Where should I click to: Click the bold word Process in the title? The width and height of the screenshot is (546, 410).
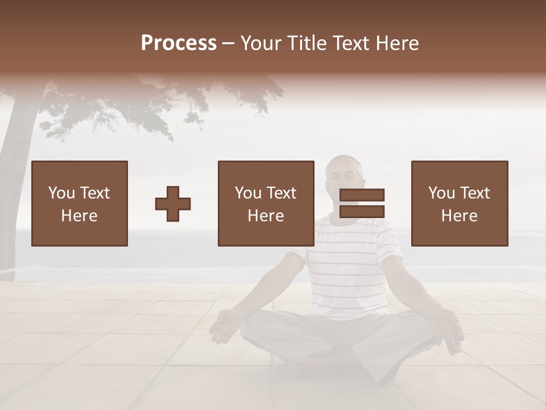179,43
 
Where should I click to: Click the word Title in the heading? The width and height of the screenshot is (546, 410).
307,43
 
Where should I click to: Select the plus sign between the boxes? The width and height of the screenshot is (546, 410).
173,204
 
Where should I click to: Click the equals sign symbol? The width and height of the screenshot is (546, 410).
362,203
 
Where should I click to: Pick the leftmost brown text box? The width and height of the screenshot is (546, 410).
80,203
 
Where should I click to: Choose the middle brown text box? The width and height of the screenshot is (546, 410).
266,203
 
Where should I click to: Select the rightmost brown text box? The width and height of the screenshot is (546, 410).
460,203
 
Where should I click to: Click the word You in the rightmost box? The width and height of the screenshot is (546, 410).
441,193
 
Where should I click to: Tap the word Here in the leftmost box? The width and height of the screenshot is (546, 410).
80,216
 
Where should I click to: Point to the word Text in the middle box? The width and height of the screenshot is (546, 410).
281,193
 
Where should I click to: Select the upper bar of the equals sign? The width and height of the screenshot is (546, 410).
362,195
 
